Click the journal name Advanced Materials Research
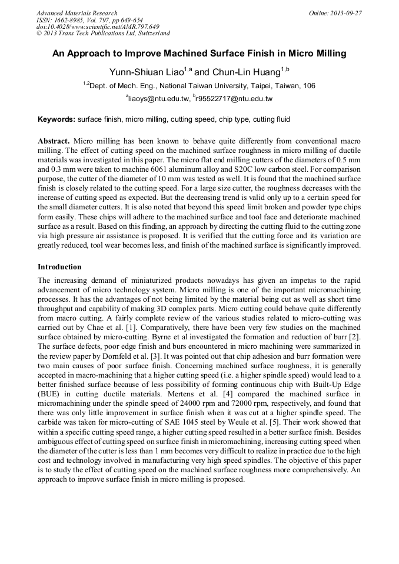tap(77, 13)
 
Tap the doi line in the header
tap(97, 27)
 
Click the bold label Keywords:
tap(56, 119)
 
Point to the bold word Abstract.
tap(54, 142)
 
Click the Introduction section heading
tap(59, 266)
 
